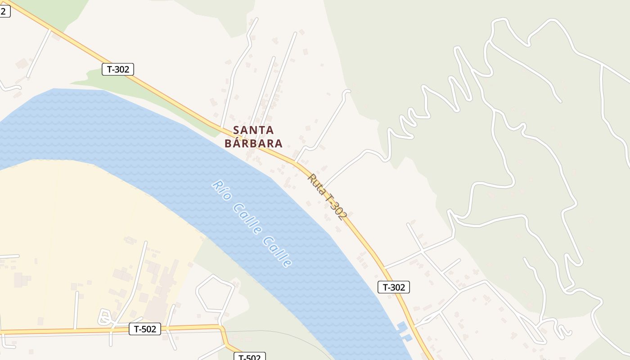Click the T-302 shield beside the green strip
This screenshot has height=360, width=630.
tap(118, 69)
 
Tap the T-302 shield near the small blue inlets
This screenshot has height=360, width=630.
tap(394, 287)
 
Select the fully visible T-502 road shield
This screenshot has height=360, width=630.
tap(145, 329)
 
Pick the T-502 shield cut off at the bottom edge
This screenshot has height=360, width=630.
tap(249, 357)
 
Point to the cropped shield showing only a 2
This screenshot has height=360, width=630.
tap(4, 12)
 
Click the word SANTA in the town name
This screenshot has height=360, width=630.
tap(253, 130)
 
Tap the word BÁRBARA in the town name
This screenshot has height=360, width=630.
tap(253, 144)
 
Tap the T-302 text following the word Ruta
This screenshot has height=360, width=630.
tap(337, 207)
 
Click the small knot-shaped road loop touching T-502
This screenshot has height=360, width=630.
tap(105, 317)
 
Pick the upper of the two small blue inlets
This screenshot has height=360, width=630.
tap(401, 326)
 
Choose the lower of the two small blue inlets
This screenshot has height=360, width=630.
tap(407, 337)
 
